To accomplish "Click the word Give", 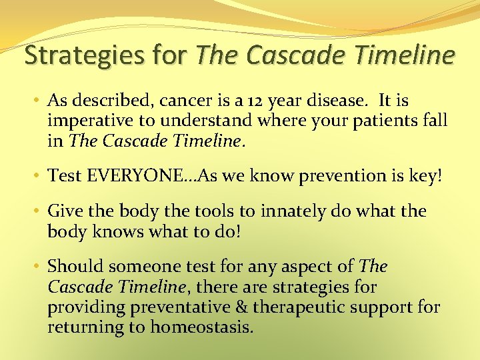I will click(65, 211).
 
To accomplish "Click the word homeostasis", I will click(201, 327).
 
